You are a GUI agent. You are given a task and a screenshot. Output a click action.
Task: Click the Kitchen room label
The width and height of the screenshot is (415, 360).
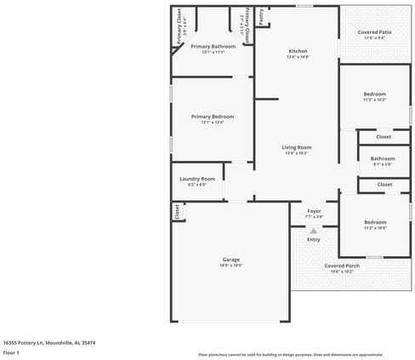pyautogui.click(x=297, y=50)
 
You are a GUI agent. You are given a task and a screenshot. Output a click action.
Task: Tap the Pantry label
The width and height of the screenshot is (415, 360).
pyautogui.click(x=261, y=14)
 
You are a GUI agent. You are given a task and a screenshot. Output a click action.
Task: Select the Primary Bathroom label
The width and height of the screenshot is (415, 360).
pyautogui.click(x=213, y=46)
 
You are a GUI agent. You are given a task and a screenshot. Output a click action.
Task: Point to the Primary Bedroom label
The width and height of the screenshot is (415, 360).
pyautogui.click(x=212, y=116)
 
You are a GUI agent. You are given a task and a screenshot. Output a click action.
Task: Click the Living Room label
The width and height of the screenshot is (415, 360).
pyautogui.click(x=297, y=147)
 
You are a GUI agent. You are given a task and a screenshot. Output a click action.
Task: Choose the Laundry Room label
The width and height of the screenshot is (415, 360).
pyautogui.click(x=197, y=179)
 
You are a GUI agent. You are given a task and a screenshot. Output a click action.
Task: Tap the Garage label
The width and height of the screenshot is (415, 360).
pyautogui.click(x=231, y=260)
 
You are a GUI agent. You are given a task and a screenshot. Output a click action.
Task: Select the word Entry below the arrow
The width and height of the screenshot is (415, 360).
pyautogui.click(x=314, y=239)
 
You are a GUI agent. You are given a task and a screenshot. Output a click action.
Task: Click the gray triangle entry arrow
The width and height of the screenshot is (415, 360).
pyautogui.click(x=314, y=230)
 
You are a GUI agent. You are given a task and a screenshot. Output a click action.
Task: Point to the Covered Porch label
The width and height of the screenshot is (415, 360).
pyautogui.click(x=342, y=266)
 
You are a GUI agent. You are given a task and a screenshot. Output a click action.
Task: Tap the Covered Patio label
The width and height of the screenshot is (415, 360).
pyautogui.click(x=375, y=31)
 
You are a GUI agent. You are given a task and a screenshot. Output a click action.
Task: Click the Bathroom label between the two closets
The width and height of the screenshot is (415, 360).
pyautogui.click(x=383, y=158)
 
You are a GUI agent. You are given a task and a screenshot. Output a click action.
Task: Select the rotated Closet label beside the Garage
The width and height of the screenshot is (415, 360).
pyautogui.click(x=177, y=212)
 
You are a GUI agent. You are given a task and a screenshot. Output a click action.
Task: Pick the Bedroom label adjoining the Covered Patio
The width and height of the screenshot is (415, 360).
pyautogui.click(x=375, y=94)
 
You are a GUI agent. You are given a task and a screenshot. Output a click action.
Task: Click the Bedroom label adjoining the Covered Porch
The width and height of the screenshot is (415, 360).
pyautogui.click(x=375, y=222)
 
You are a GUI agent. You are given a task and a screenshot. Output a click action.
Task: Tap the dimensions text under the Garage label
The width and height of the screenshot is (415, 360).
pyautogui.click(x=231, y=266)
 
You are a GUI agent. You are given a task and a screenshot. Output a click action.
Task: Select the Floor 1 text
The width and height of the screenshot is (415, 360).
pyautogui.click(x=11, y=351)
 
